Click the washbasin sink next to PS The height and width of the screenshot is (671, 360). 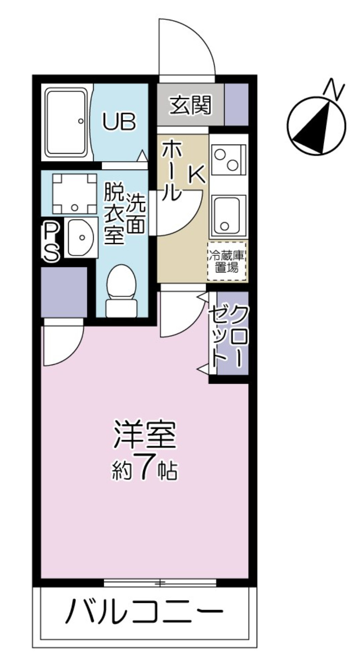pos(81,237)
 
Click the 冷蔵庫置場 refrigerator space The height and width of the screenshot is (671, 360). pos(227,261)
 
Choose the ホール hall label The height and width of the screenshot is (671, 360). pos(171,171)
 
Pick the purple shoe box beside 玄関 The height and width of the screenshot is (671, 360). pos(236,104)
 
